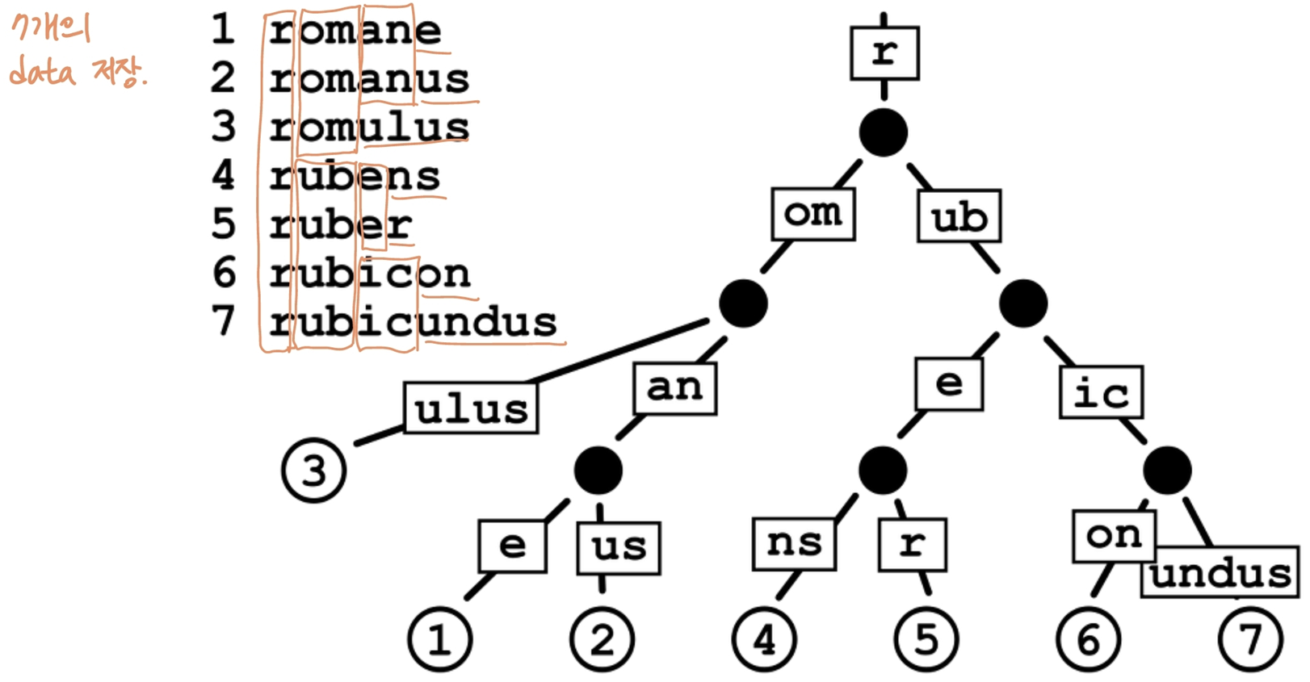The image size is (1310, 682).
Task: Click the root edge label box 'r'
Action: (884, 53)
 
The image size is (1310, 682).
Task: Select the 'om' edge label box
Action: (812, 215)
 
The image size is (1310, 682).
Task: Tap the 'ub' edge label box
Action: (959, 216)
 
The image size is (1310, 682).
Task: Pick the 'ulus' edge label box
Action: (471, 408)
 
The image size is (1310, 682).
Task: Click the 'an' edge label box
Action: (674, 388)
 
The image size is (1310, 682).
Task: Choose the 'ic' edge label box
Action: (1101, 393)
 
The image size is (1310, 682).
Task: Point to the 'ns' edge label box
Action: (793, 543)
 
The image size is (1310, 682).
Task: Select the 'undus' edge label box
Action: (1220, 574)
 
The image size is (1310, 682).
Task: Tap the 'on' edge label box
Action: (1114, 535)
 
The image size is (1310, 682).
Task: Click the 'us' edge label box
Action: (619, 548)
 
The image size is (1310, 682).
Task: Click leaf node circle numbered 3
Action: (314, 471)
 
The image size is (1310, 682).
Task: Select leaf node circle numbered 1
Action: (440, 640)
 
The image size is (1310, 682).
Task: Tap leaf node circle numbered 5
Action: (926, 640)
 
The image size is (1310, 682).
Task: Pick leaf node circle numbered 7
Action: (1250, 640)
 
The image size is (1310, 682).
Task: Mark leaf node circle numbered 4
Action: (764, 640)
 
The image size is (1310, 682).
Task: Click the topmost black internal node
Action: (884, 133)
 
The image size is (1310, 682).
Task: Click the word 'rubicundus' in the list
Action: (413, 322)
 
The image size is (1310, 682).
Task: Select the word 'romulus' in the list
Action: (369, 128)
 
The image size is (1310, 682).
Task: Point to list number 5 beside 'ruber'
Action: (224, 224)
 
